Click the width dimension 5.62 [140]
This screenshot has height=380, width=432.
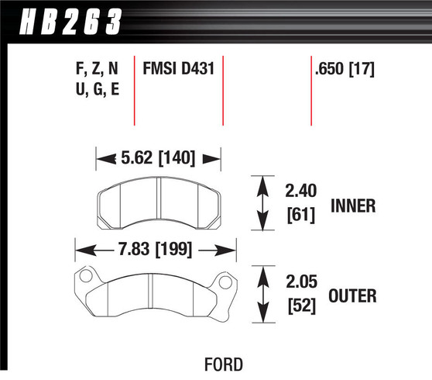point(158,158)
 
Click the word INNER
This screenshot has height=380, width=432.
point(353,206)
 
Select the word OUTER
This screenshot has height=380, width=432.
point(353,295)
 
